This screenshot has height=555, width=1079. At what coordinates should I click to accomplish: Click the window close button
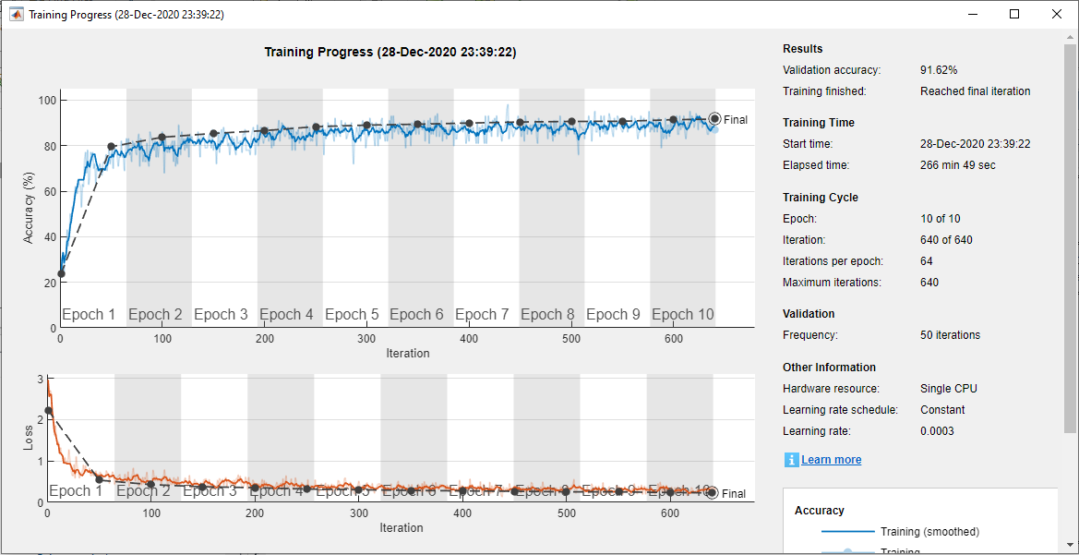(x=1056, y=14)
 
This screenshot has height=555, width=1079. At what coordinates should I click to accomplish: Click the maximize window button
(x=1014, y=14)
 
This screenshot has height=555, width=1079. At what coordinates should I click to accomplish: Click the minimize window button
(x=973, y=14)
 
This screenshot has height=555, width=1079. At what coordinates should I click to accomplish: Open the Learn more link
(x=831, y=460)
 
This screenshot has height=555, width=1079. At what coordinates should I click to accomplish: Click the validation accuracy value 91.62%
(x=939, y=70)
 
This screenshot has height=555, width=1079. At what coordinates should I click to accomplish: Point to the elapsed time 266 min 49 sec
(x=957, y=165)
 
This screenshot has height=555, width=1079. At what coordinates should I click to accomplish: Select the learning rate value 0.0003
(x=937, y=431)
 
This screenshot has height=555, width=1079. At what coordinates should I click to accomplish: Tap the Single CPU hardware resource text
(x=948, y=389)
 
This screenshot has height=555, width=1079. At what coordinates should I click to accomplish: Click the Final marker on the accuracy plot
(x=714, y=119)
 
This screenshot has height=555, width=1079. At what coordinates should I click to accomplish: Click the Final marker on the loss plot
(x=712, y=493)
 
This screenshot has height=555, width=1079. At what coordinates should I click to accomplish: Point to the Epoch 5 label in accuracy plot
(x=352, y=315)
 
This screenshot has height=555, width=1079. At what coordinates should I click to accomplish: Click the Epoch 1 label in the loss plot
(x=76, y=491)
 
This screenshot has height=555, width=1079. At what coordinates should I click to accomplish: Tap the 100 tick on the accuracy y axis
(x=47, y=100)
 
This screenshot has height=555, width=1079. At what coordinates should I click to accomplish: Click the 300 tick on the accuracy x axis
(x=367, y=339)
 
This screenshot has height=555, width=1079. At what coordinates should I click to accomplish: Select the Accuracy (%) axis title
(x=29, y=208)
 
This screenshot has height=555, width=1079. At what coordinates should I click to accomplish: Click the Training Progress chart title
(x=390, y=53)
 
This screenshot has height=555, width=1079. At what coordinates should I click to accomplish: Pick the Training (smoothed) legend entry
(x=929, y=532)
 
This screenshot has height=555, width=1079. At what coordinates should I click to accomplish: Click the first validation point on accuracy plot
(x=61, y=273)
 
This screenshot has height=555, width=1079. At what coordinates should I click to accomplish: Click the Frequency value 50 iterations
(x=950, y=335)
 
